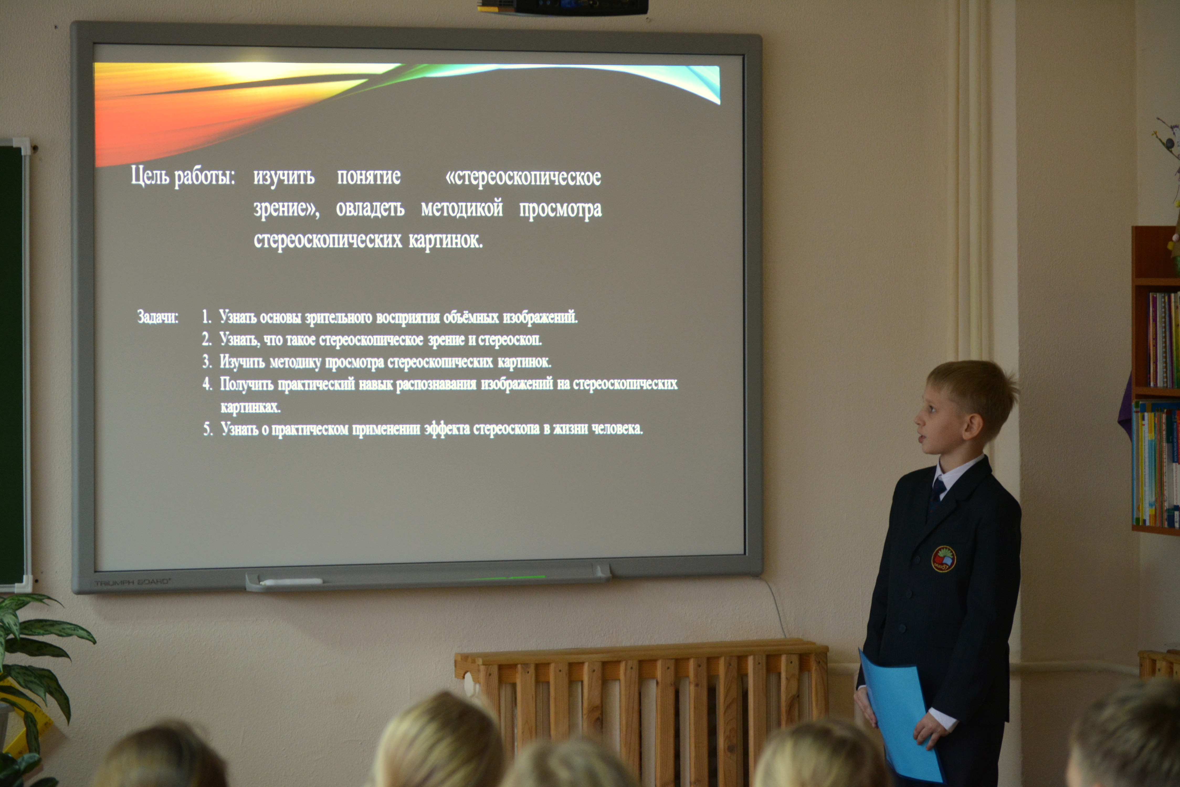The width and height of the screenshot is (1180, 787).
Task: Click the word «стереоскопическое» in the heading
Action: (523, 177)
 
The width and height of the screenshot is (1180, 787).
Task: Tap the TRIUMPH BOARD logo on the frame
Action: (133, 582)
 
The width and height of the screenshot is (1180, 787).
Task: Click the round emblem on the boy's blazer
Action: (943, 559)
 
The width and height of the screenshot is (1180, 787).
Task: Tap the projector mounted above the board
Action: (562, 7)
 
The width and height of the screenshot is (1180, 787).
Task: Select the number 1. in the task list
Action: (206, 317)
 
